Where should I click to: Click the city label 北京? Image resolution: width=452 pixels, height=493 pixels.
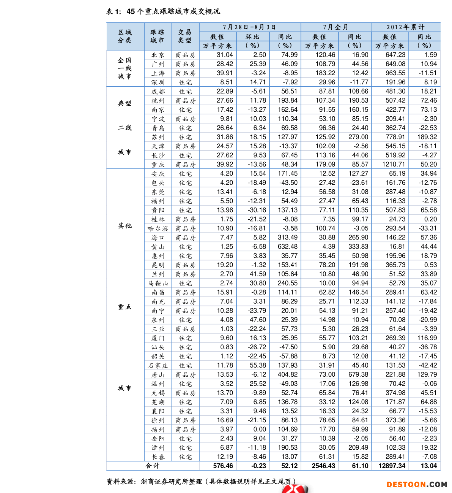(158, 55)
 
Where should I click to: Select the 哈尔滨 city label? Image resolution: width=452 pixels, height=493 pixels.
(158, 228)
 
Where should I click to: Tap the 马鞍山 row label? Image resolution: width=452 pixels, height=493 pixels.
(158, 283)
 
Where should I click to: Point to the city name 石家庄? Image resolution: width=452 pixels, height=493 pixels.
(158, 366)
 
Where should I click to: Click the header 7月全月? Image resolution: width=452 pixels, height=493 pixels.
(336, 27)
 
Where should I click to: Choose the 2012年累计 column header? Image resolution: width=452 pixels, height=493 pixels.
(405, 27)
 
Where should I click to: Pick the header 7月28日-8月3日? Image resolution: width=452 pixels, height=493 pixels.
(250, 27)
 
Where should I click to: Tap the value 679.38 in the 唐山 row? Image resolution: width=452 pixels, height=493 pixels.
(358, 374)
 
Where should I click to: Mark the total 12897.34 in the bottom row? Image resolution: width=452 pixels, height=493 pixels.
(392, 466)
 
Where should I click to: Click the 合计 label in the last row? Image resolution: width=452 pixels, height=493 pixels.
(153, 466)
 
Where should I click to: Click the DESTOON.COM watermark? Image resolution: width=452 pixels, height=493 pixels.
(416, 485)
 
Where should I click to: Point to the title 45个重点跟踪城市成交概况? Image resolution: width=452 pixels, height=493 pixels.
(173, 11)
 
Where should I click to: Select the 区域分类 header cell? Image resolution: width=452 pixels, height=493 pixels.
(125, 36)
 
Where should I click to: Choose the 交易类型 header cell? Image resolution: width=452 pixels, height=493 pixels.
(185, 36)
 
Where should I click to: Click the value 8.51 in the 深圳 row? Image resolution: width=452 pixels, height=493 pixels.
(227, 82)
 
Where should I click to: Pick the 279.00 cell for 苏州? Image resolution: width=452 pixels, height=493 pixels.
(358, 137)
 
